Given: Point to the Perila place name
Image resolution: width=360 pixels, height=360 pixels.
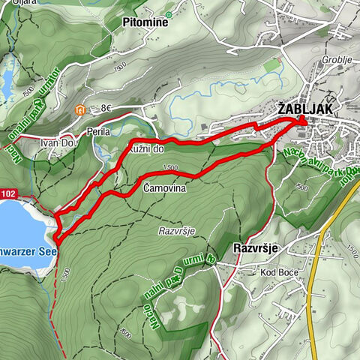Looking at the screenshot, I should [x=98, y=131].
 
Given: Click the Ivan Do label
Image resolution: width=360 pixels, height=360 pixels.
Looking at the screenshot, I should [x=58, y=142].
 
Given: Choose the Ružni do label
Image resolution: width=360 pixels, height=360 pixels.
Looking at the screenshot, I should [x=146, y=149].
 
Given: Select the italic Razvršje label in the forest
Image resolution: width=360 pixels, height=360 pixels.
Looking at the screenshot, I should [x=177, y=231].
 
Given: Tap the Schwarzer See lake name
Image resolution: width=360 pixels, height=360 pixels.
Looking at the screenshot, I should [x=26, y=253].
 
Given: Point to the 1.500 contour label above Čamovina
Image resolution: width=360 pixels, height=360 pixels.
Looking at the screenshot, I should [x=169, y=167].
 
